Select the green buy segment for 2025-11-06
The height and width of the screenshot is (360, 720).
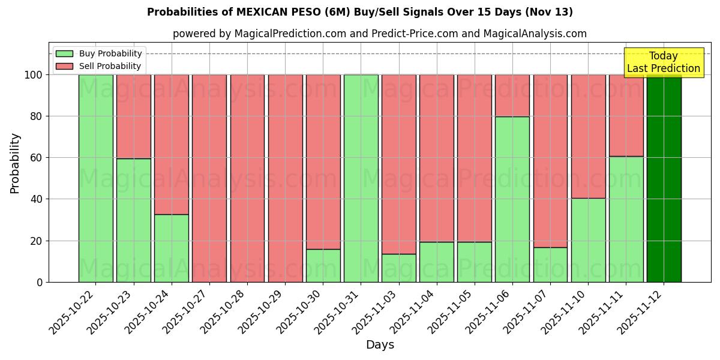[x=512, y=199]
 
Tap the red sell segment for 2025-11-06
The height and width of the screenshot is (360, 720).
[x=512, y=95]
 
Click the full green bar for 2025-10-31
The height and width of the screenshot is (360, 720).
[x=361, y=178]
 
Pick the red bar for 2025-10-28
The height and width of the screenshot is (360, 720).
[x=247, y=178]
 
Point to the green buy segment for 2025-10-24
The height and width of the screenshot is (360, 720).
[x=172, y=248]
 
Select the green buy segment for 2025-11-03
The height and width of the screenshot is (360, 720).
[x=398, y=268]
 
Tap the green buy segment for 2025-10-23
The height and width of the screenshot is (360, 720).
[x=134, y=220]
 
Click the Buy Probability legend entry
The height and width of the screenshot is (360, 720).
[x=99, y=53]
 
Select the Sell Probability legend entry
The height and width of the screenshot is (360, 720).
[x=99, y=66]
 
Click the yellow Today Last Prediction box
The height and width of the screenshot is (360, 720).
[x=663, y=62]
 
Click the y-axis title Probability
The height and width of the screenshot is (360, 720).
[x=15, y=163]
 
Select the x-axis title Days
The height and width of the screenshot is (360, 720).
[x=380, y=345]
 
